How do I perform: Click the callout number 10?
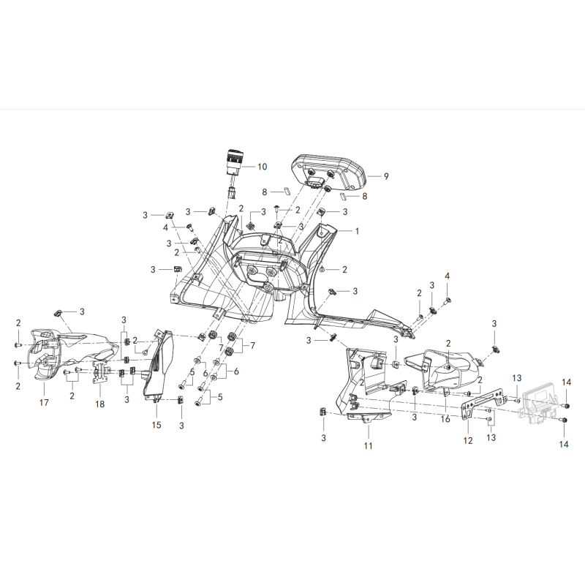(x=263, y=167)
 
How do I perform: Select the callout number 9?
(x=386, y=176)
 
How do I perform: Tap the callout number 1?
(x=357, y=231)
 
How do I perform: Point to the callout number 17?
(x=44, y=403)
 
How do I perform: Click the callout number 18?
(x=99, y=404)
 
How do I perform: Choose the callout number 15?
(x=156, y=425)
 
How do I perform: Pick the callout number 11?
(x=369, y=446)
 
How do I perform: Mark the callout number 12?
(x=468, y=441)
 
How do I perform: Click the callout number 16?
(x=445, y=419)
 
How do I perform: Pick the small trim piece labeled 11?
(x=369, y=417)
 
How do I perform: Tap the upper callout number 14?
(x=566, y=382)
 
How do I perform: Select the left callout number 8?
(x=265, y=192)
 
